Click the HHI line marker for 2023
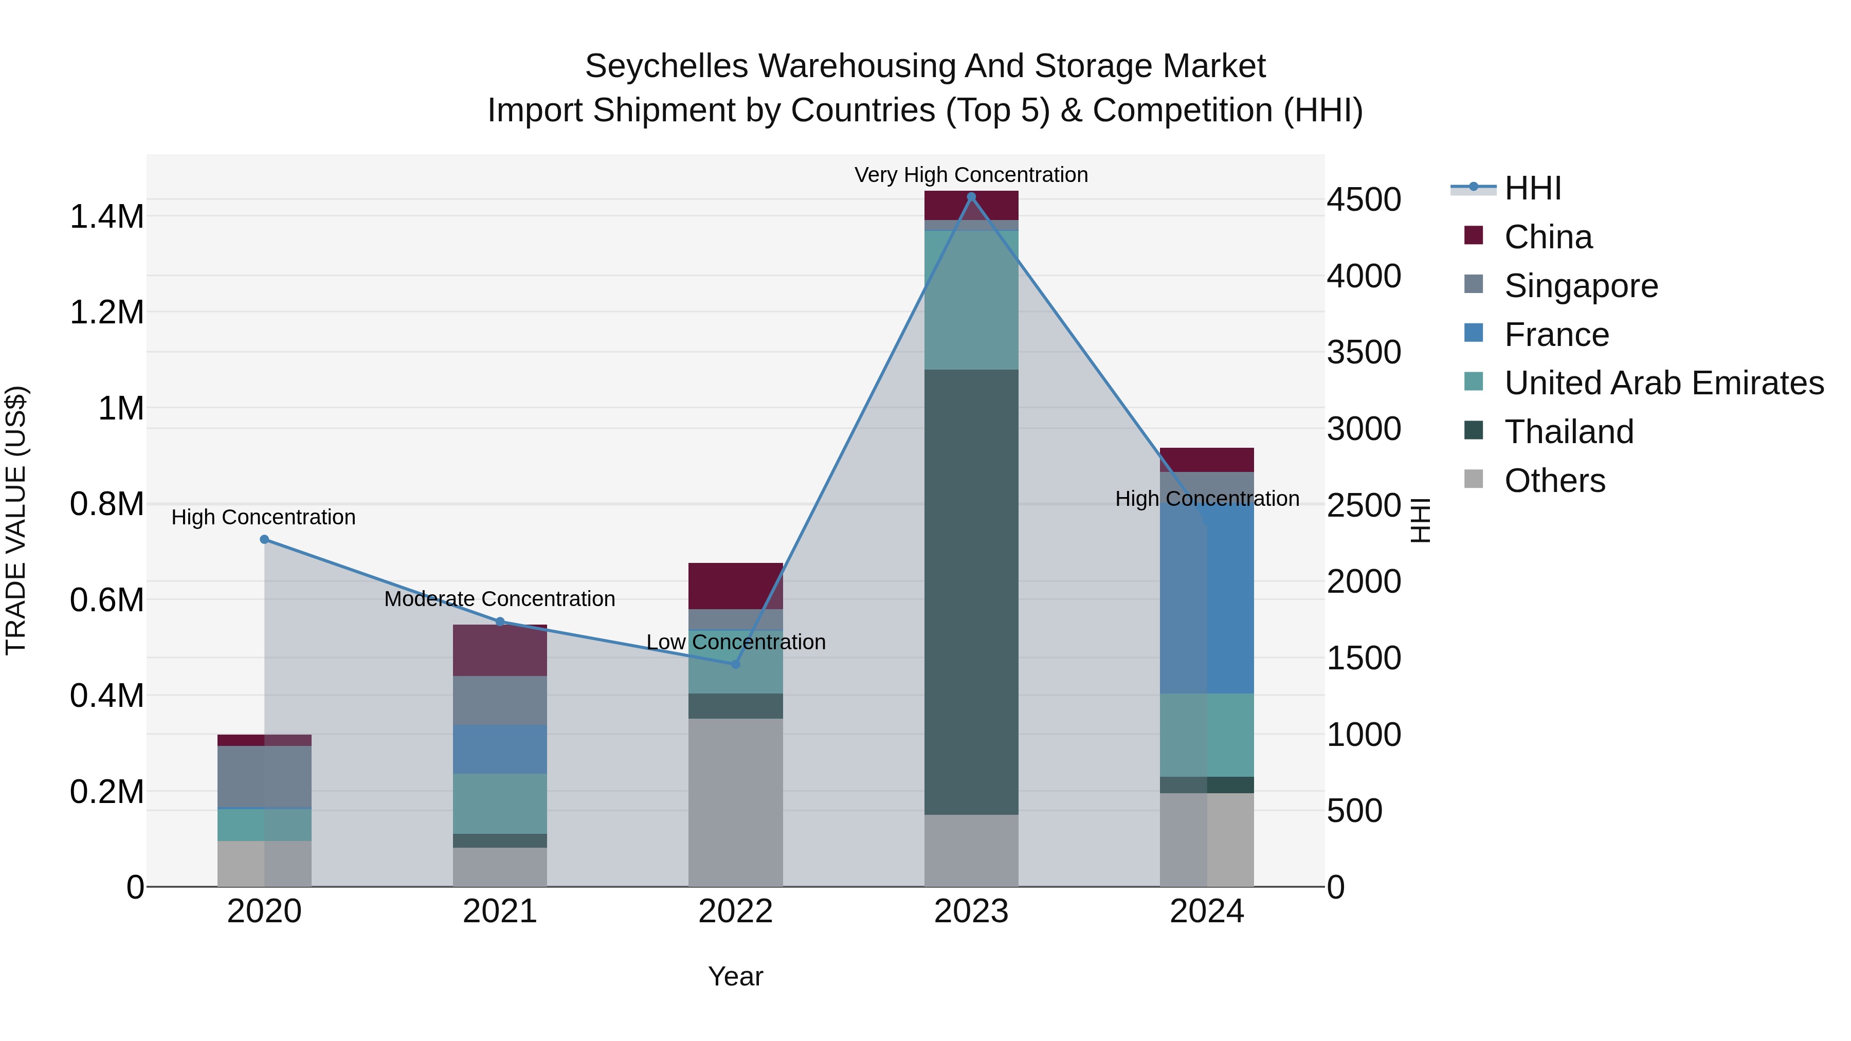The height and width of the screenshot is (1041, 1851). (x=971, y=197)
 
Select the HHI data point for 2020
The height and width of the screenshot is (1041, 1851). (x=264, y=540)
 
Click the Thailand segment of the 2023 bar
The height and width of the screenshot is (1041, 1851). (x=971, y=592)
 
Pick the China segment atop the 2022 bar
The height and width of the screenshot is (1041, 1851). (x=735, y=586)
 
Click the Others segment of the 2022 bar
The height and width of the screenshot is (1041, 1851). (x=735, y=802)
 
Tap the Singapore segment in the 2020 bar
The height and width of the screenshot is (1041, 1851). (x=264, y=777)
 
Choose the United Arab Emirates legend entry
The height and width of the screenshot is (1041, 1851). (x=1663, y=383)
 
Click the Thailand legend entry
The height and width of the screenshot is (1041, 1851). (x=1569, y=432)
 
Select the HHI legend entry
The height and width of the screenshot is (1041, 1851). (x=1532, y=188)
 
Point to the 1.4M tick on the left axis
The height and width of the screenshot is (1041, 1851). (x=106, y=216)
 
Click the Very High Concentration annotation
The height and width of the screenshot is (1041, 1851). (x=971, y=175)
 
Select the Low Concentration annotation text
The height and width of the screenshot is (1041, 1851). (x=735, y=642)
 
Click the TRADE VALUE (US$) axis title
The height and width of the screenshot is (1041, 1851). (x=16, y=520)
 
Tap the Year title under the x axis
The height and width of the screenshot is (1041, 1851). (x=735, y=976)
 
